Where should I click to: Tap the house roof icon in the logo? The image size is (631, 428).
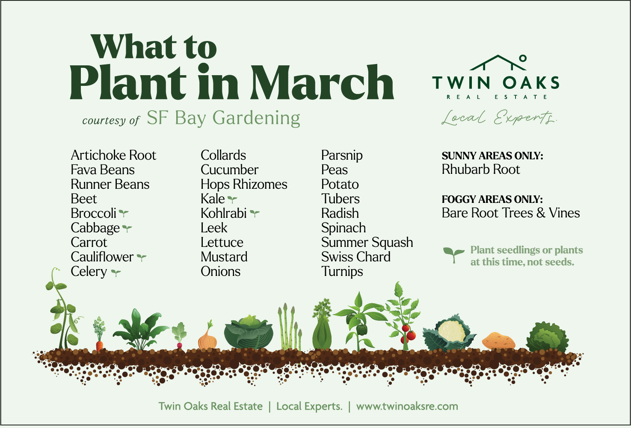pos(498,62)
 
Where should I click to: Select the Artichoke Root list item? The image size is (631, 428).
pos(113,155)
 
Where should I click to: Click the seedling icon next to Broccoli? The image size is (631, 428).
pos(124,213)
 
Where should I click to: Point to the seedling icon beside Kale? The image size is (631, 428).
pos(232,199)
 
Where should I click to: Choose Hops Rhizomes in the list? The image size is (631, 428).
pos(244,184)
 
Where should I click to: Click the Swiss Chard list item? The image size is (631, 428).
pos(356,257)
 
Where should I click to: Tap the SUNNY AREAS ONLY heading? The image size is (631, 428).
pos(492,156)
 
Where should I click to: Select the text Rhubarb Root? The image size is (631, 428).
pos(481,170)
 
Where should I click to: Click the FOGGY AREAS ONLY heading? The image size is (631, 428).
pos(492,199)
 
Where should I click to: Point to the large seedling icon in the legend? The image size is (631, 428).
pos(453,255)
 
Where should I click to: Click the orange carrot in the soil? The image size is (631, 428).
pos(100,345)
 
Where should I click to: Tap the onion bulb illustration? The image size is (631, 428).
pos(207,341)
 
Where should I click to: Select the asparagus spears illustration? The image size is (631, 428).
pos(289,329)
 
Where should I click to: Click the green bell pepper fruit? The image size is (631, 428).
pos(362,329)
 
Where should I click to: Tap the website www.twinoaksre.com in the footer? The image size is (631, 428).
pos(407,406)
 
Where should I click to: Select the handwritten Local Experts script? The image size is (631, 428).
pos(499,117)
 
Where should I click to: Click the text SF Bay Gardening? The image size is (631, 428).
pos(223,118)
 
